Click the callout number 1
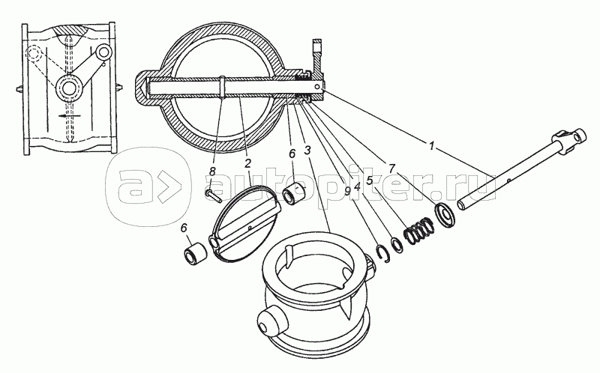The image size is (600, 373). (431, 146)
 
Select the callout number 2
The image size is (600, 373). (247, 164)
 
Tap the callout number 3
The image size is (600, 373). (307, 151)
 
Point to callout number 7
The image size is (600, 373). (391, 169)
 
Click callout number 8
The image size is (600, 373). (212, 172)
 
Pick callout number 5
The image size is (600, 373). (369, 181)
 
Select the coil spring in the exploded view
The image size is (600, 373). (419, 231)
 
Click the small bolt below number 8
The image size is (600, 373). (213, 195)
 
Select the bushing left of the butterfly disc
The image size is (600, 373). (194, 254)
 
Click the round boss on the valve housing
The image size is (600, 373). (270, 322)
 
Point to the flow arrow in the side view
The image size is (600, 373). (69, 115)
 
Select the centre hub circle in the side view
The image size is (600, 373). (69, 88)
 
